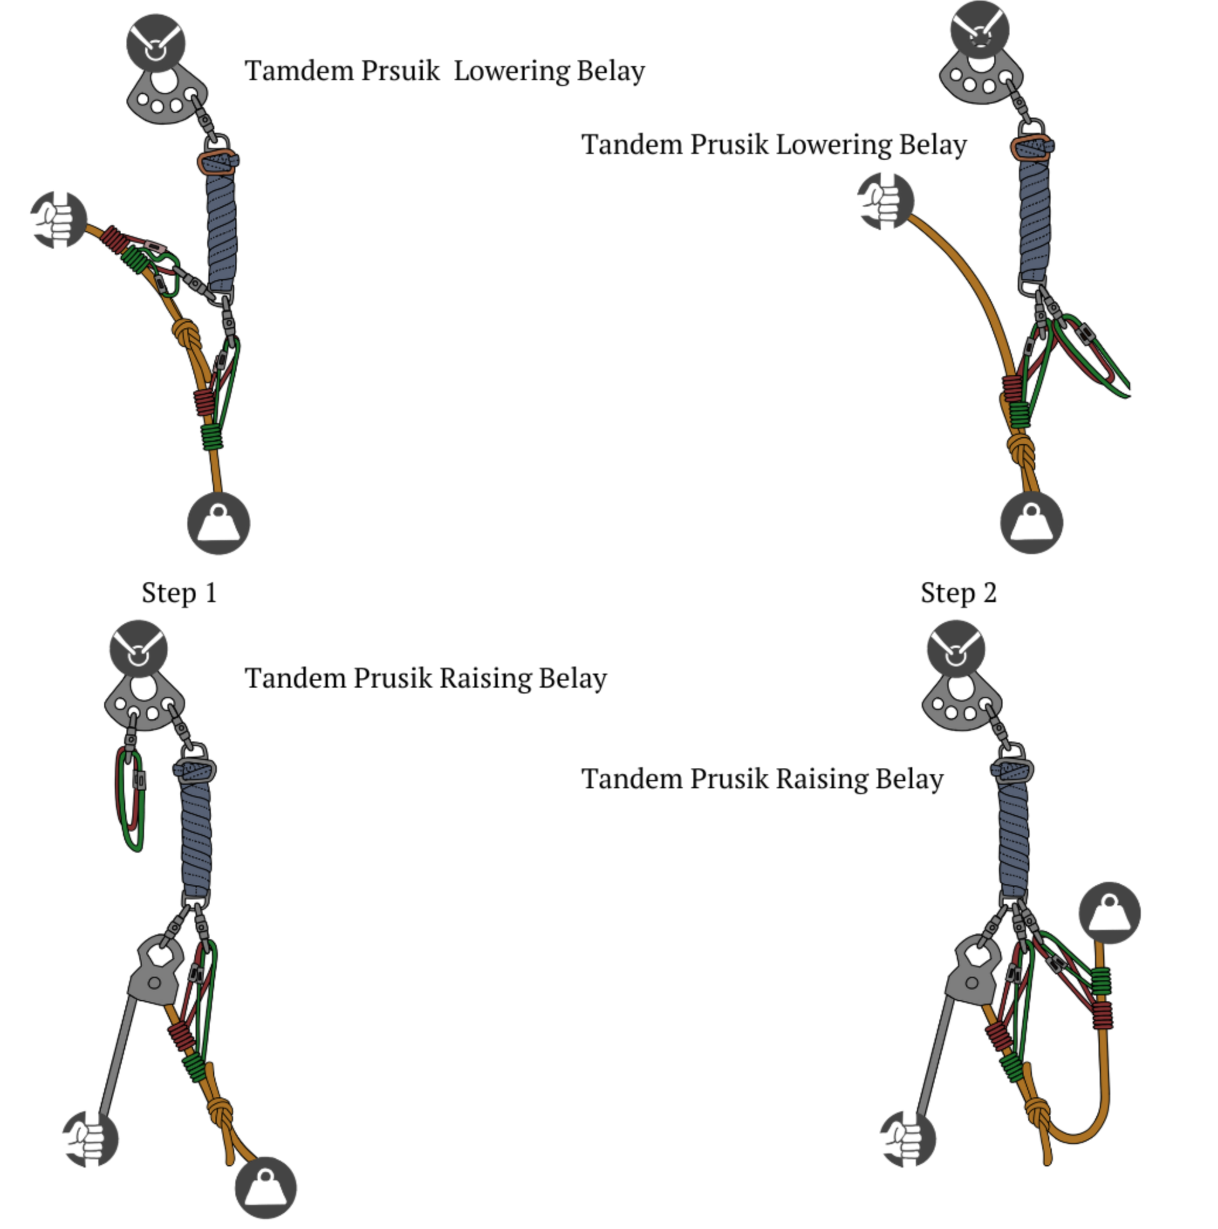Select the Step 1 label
(179, 593)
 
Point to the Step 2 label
(958, 593)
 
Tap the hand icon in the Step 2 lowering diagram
(885, 201)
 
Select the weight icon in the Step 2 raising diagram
(1109, 913)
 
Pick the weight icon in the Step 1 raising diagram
(265, 1187)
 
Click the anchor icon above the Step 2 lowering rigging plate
(979, 29)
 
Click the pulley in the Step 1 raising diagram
(155, 971)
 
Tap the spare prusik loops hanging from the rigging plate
(130, 798)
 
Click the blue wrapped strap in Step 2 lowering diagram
(1034, 217)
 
